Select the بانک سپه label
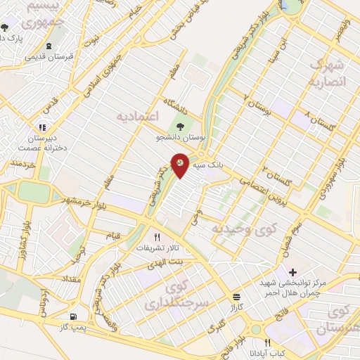coord(211,163)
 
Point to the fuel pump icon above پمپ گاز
coord(75,317)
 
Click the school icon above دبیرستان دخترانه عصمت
coord(43,127)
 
